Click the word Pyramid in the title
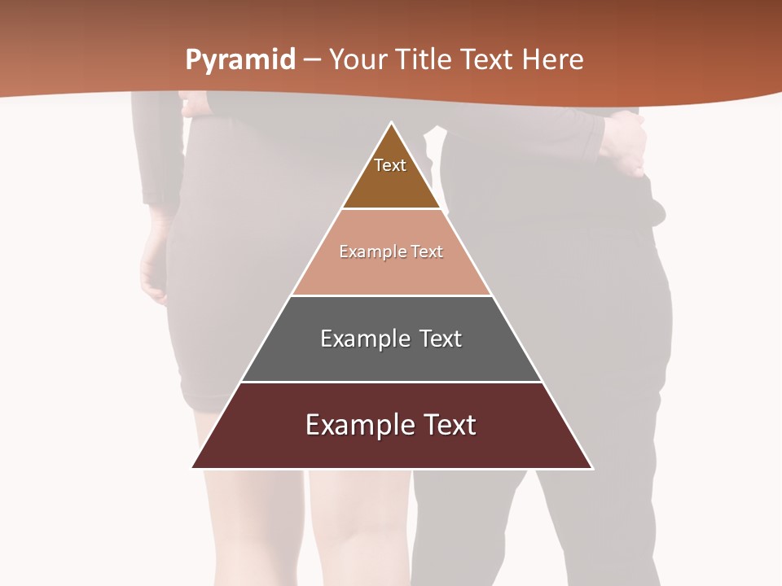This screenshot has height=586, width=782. point(239,60)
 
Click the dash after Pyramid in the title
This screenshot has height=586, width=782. point(312,60)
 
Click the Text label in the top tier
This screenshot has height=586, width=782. point(390,165)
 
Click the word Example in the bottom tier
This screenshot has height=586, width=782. point(357,425)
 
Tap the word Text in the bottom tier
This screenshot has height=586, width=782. point(447,425)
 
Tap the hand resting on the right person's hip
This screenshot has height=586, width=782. point(626,142)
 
